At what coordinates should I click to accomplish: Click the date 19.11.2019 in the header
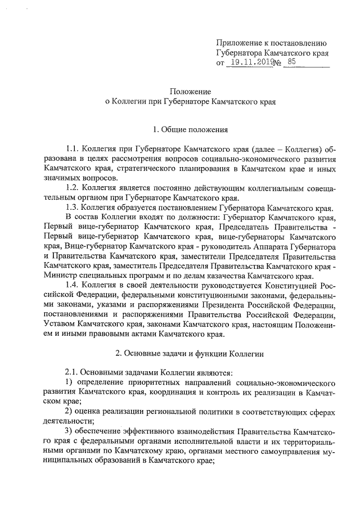pyautogui.click(x=252, y=63)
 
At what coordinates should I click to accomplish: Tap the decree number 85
pyautogui.click(x=290, y=63)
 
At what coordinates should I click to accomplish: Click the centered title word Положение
pyautogui.click(x=191, y=91)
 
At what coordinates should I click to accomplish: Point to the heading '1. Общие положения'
pyautogui.click(x=191, y=130)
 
